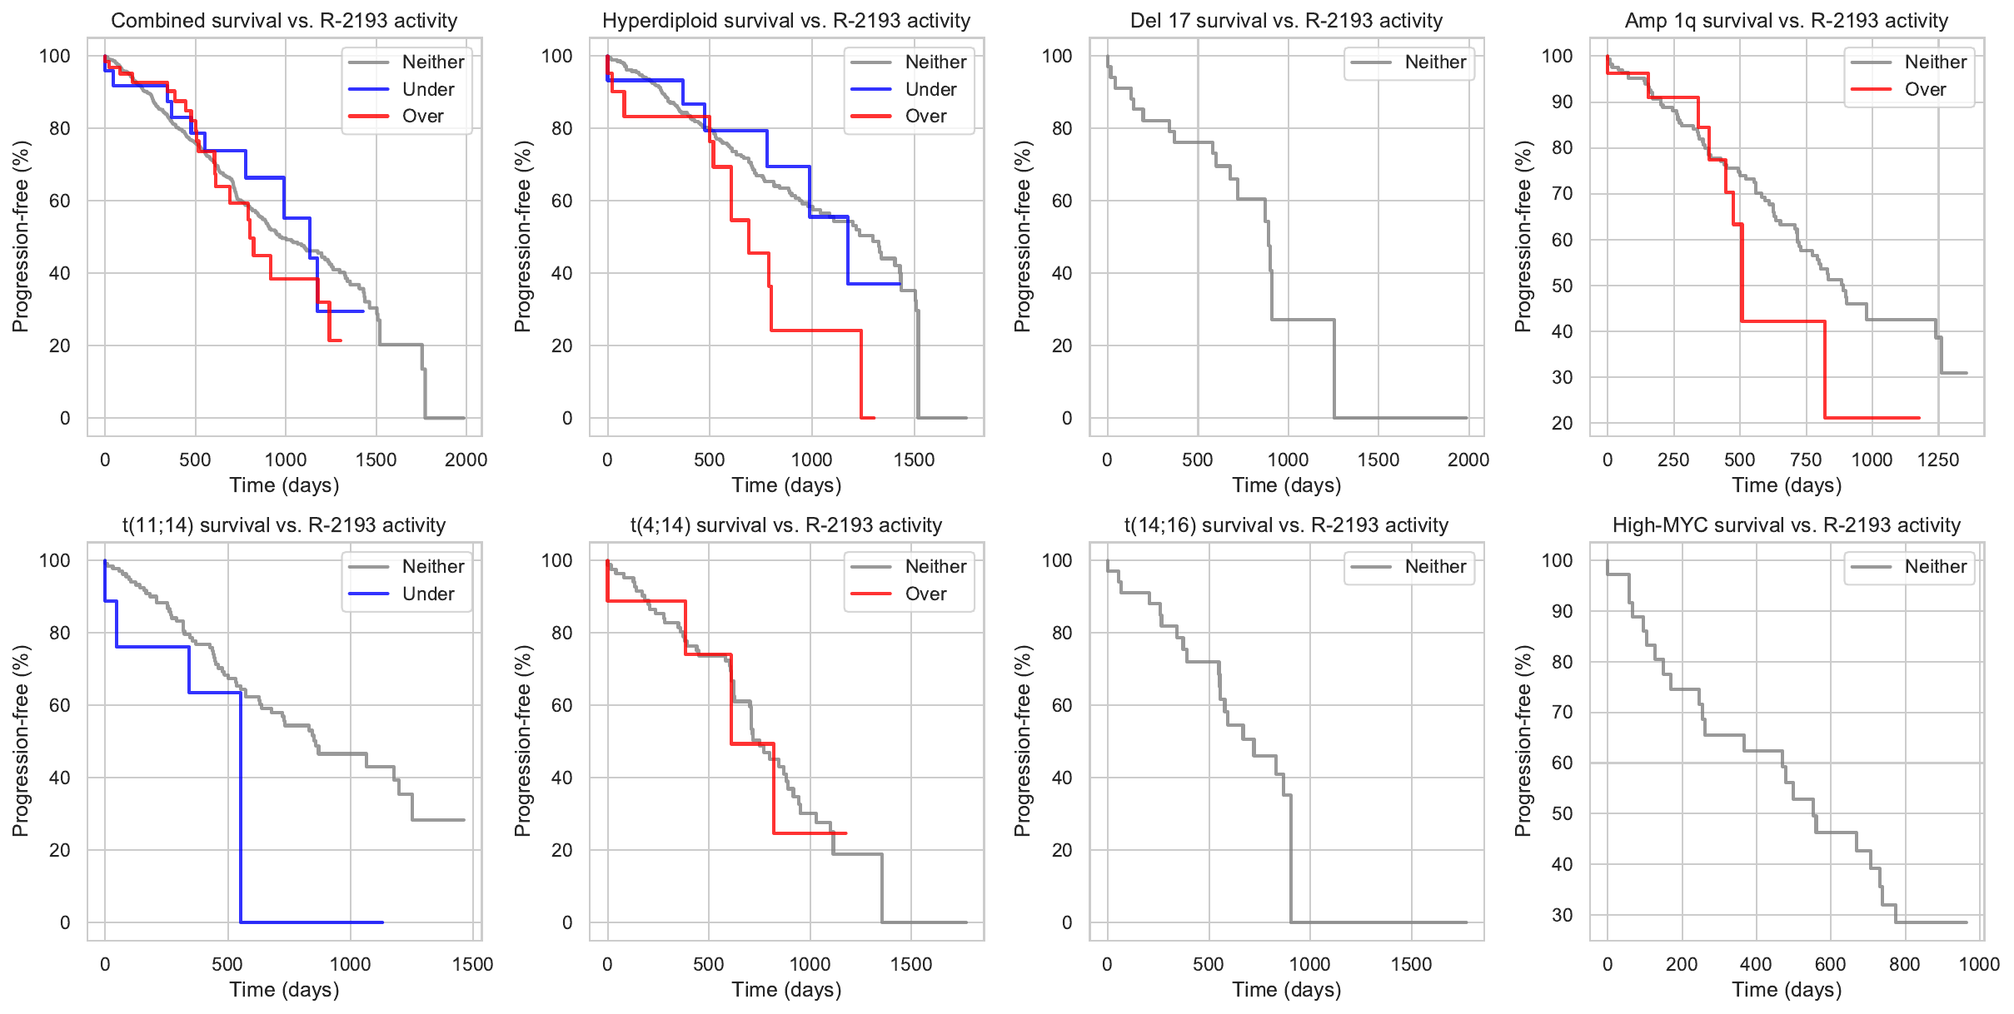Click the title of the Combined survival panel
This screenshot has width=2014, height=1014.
(x=284, y=21)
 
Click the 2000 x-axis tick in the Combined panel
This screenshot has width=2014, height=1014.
(x=466, y=460)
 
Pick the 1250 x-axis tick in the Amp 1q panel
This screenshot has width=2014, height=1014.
(x=1938, y=460)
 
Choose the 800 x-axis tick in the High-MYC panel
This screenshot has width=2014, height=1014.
(x=1904, y=964)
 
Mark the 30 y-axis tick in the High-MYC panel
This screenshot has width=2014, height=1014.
(x=1563, y=915)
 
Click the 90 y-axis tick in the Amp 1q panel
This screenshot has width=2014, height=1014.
(x=1563, y=102)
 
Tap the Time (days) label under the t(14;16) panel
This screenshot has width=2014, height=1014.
(x=1286, y=989)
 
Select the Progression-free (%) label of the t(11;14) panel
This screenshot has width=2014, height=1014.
(x=20, y=740)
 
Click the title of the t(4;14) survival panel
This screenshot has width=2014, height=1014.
(x=786, y=525)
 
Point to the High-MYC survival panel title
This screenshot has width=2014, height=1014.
(x=1786, y=525)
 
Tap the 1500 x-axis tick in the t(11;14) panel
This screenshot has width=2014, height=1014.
(x=472, y=964)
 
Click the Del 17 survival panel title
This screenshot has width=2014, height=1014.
(x=1286, y=21)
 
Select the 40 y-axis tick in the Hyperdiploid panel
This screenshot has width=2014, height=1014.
(x=562, y=273)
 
